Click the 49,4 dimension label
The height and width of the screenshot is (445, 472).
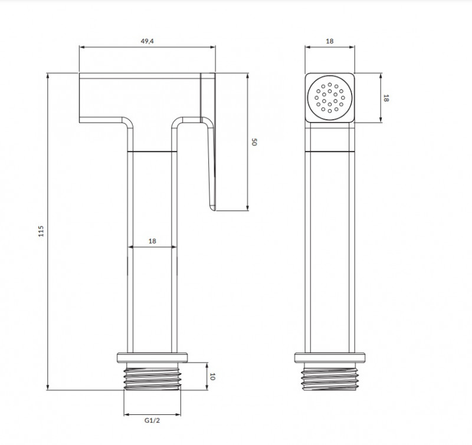pos(147,41)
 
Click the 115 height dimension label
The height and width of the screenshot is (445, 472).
pos(41,231)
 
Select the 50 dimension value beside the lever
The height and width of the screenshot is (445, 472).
pos(254,142)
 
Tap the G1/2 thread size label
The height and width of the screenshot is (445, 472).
pos(152,420)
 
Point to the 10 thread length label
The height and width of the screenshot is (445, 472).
pos(212,377)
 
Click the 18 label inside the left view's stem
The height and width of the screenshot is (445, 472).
pos(152,241)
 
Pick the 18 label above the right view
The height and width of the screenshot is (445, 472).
pos(330,41)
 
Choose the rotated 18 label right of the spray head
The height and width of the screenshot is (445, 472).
pos(386,98)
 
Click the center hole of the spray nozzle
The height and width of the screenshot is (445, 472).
pos(330,98)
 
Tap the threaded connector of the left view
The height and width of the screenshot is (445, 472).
pos(153,377)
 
